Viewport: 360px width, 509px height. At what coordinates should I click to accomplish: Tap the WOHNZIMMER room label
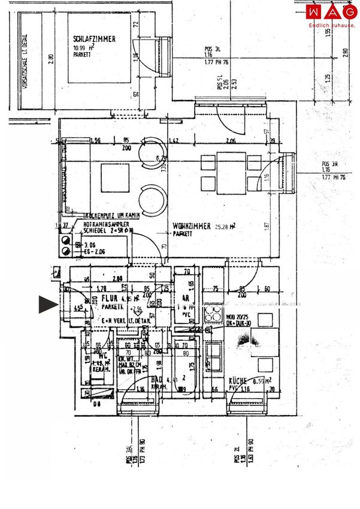tap(192, 226)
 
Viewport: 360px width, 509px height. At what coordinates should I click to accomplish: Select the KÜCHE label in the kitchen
tap(238, 380)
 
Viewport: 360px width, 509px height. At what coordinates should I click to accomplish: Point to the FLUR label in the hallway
tap(108, 297)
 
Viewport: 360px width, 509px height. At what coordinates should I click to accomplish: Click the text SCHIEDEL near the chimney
tap(95, 229)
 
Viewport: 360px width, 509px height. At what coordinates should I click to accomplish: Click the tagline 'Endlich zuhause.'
tap(331, 25)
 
